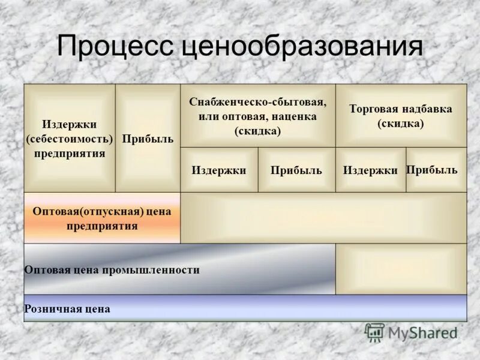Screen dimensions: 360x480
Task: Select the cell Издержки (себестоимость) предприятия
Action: tap(69, 139)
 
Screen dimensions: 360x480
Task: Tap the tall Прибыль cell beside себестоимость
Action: tap(148, 139)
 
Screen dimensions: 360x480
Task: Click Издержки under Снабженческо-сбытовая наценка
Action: tap(219, 170)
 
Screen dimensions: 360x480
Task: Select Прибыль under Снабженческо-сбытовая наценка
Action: tap(296, 170)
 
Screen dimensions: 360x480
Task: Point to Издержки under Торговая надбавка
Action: tap(370, 170)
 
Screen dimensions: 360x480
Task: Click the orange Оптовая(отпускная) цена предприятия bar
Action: tap(102, 218)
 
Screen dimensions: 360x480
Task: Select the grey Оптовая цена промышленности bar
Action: tap(179, 269)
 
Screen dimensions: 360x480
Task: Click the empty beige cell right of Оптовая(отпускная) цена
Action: tap(323, 218)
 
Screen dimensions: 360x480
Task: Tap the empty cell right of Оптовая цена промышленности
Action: tap(401, 269)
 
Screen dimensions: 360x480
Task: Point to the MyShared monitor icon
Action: tap(374, 332)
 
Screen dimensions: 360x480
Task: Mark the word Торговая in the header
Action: tap(370, 110)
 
